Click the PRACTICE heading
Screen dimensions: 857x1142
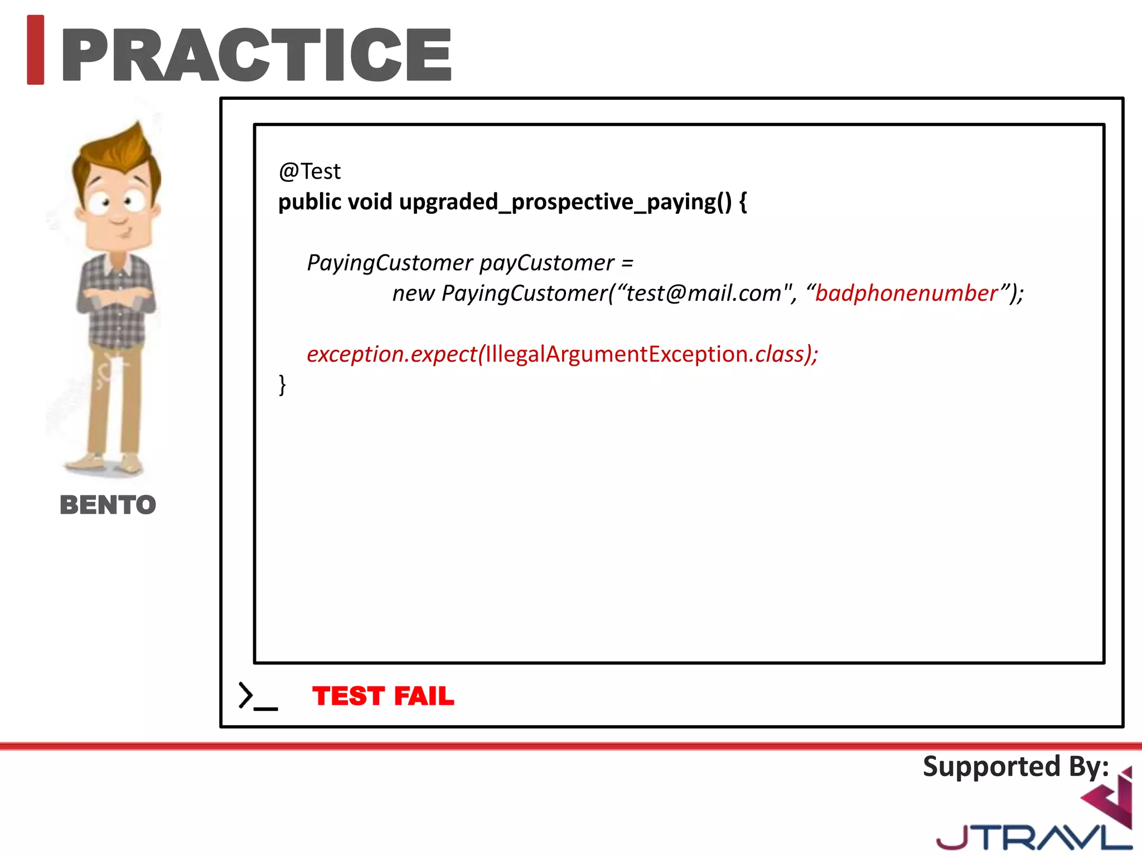pyautogui.click(x=257, y=55)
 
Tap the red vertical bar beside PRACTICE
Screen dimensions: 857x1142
pyautogui.click(x=36, y=50)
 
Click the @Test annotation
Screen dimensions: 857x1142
pyautogui.click(x=309, y=171)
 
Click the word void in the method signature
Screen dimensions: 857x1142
pyautogui.click(x=370, y=202)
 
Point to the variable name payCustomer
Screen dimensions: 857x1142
pyautogui.click(x=546, y=263)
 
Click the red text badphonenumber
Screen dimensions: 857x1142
pyautogui.click(x=906, y=293)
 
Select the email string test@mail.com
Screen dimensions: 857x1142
pyautogui.click(x=704, y=293)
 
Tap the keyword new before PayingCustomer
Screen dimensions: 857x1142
pyautogui.click(x=413, y=293)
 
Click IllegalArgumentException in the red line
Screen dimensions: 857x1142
pyautogui.click(x=617, y=354)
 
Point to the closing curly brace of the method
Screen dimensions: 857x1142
pyautogui.click(x=282, y=385)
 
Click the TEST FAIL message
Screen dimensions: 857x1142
pyautogui.click(x=383, y=696)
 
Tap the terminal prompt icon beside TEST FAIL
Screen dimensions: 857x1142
pyautogui.click(x=257, y=696)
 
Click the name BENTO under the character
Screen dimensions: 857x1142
pyautogui.click(x=108, y=505)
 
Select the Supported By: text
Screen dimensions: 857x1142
pyautogui.click(x=1015, y=767)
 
